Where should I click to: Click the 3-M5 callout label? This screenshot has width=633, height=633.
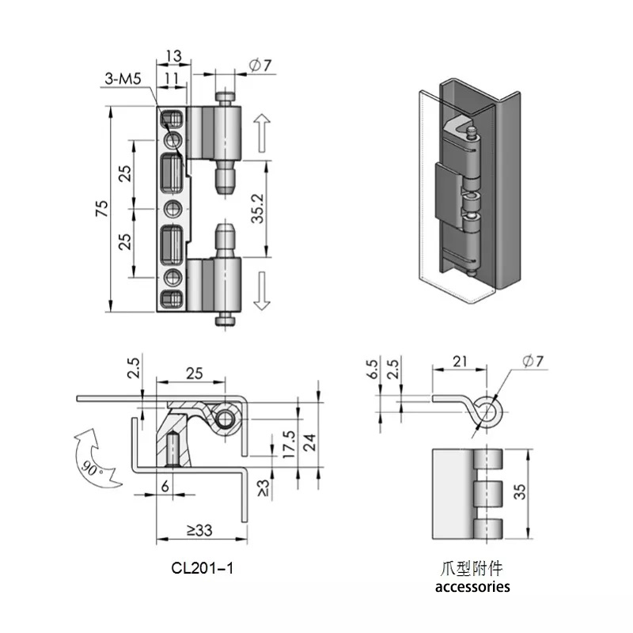pos(123,78)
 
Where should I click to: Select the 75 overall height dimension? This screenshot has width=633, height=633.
pos(102,208)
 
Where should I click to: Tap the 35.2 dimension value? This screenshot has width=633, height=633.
pos(258,209)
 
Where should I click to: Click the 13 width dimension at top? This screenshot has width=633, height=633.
pos(173,55)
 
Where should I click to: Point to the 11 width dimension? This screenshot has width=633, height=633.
pos(172,78)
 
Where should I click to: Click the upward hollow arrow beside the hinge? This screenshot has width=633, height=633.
pos(262,133)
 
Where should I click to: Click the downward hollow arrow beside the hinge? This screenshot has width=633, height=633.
pos(262,290)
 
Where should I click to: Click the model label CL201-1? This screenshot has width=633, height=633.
pos(203,568)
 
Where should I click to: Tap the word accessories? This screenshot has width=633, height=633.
pos(472,586)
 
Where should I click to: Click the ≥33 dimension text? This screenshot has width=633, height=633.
pos(199,530)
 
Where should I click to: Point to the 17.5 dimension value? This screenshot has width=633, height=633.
pos(289,444)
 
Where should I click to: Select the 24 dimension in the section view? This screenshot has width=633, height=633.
pos(309,442)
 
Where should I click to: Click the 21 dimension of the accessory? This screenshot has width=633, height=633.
pos(460,362)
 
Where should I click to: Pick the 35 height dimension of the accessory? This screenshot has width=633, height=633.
pos(520,491)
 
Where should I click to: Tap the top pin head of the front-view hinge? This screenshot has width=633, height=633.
pos(225,97)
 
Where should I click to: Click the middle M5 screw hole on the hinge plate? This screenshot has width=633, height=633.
pos(173,209)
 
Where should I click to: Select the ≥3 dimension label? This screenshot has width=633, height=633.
pos(263,488)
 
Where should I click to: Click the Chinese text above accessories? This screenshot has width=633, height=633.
pos(471,569)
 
